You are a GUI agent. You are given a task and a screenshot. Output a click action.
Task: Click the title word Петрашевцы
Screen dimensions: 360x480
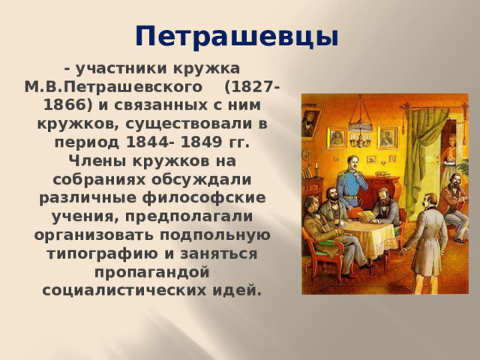pos(237,35)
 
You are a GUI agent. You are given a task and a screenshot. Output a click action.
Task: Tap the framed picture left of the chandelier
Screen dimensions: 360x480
pos(337,138)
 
